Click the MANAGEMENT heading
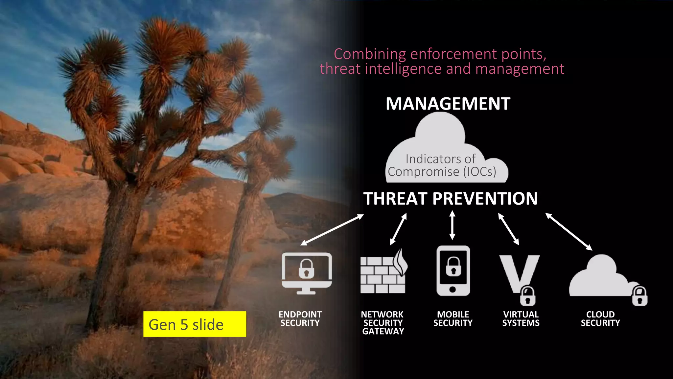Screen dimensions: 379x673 (x=448, y=104)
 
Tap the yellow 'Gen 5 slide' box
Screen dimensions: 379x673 (x=195, y=324)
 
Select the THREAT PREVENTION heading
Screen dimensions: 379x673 (x=450, y=199)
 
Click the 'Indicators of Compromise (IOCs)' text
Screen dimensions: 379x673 (x=442, y=165)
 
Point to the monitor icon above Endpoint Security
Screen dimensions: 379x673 (x=307, y=273)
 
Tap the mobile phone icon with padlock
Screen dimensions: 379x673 (x=453, y=271)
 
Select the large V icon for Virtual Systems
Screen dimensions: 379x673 (x=519, y=273)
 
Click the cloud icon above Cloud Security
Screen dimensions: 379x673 (x=601, y=276)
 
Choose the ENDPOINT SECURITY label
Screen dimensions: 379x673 (x=300, y=318)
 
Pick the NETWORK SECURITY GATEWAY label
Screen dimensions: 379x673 (x=383, y=323)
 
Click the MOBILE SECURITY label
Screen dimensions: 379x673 (x=453, y=318)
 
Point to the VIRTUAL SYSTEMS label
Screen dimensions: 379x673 (x=521, y=318)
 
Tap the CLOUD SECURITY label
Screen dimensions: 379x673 (x=600, y=318)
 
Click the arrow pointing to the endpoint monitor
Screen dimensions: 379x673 (x=332, y=230)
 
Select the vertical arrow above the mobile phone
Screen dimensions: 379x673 (x=452, y=225)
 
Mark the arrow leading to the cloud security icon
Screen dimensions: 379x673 (x=569, y=232)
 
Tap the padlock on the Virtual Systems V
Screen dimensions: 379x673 (x=528, y=296)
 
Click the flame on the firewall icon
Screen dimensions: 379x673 (x=401, y=262)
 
